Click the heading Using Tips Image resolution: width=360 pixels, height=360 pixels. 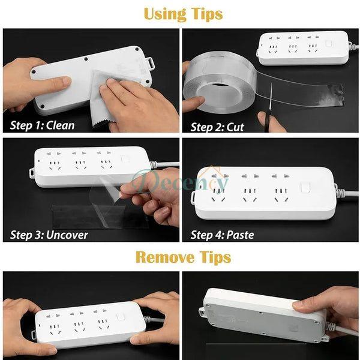pos(182,13)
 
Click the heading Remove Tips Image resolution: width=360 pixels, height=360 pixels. pos(182,257)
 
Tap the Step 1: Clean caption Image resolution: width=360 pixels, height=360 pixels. pos(43,125)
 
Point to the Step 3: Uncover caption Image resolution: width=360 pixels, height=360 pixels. pos(49,235)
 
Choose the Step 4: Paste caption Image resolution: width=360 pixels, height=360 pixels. pos(223,235)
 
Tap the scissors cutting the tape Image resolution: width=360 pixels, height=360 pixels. pos(269,111)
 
